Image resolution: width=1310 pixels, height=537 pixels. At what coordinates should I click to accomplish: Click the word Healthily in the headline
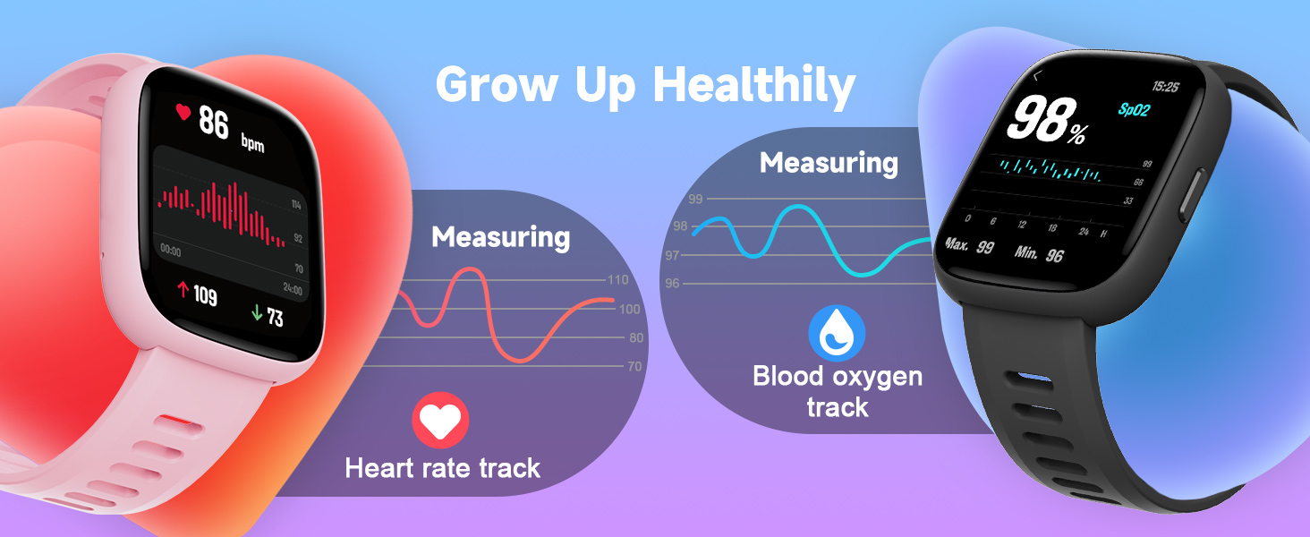(753, 87)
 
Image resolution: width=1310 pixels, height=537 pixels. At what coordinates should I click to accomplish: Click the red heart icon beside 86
(183, 112)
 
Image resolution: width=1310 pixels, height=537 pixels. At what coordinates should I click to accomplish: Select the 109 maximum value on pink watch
(205, 294)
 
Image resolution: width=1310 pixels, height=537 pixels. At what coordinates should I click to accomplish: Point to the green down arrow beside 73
(257, 313)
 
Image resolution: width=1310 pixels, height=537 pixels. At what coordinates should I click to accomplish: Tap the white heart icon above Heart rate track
(440, 420)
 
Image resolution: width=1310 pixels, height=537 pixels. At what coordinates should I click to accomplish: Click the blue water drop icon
(837, 332)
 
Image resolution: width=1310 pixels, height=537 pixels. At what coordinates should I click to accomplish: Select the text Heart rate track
(442, 467)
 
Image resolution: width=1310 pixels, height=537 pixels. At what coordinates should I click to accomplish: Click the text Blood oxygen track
(837, 391)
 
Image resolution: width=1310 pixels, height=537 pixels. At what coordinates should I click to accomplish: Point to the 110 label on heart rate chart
(617, 280)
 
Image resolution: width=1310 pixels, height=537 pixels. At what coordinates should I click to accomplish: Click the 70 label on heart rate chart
(634, 366)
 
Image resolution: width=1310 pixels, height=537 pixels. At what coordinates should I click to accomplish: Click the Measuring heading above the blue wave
(828, 163)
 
